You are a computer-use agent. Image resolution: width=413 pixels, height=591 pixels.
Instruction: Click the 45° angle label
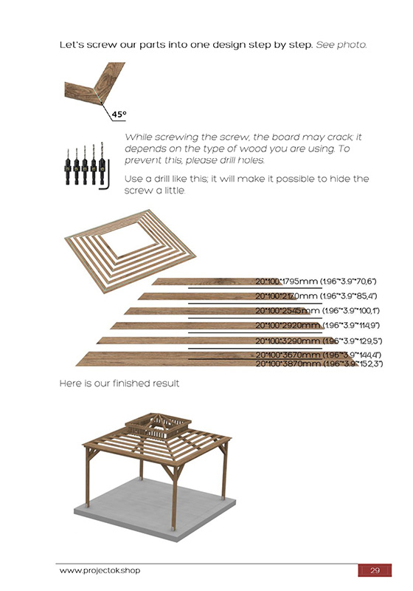point(119,115)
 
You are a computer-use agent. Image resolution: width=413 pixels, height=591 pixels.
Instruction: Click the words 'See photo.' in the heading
point(341,45)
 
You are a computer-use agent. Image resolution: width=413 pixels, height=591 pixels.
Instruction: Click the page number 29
point(375,571)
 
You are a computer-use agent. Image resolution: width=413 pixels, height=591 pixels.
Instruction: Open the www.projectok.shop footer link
point(100,571)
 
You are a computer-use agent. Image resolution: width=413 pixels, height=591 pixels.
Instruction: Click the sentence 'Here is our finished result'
point(119,384)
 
